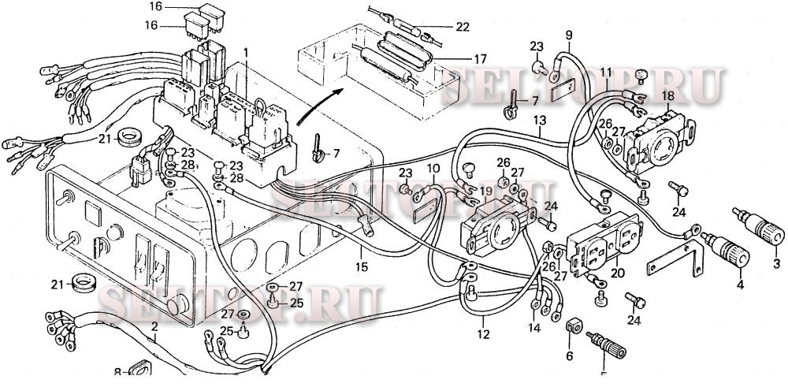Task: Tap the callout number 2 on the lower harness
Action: click(155, 326)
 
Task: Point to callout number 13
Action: click(539, 120)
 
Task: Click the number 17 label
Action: click(480, 58)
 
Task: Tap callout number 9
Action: click(568, 34)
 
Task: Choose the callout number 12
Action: click(482, 333)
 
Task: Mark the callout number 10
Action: click(433, 168)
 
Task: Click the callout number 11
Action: click(605, 73)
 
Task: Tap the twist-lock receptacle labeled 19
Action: click(495, 223)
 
